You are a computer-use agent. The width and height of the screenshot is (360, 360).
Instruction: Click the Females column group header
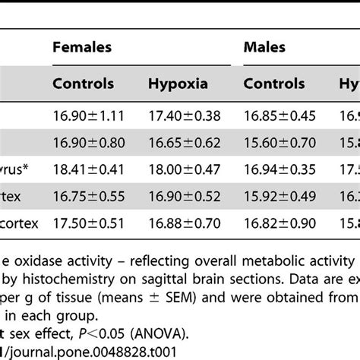[x=81, y=48]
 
